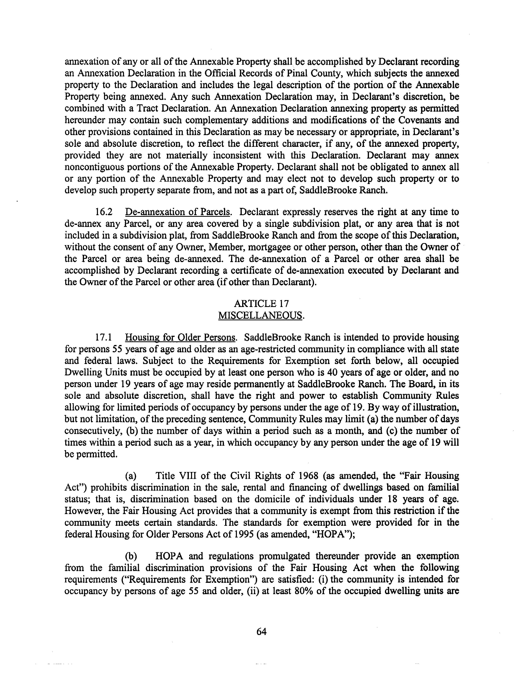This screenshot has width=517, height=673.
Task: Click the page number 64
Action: pyautogui.click(x=261, y=632)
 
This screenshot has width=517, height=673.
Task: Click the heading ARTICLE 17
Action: pyautogui.click(x=261, y=304)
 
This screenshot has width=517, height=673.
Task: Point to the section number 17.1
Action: pyautogui.click(x=104, y=338)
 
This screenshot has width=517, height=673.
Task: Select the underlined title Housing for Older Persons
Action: pyautogui.click(x=180, y=338)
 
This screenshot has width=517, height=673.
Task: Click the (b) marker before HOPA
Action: pyautogui.click(x=131, y=556)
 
